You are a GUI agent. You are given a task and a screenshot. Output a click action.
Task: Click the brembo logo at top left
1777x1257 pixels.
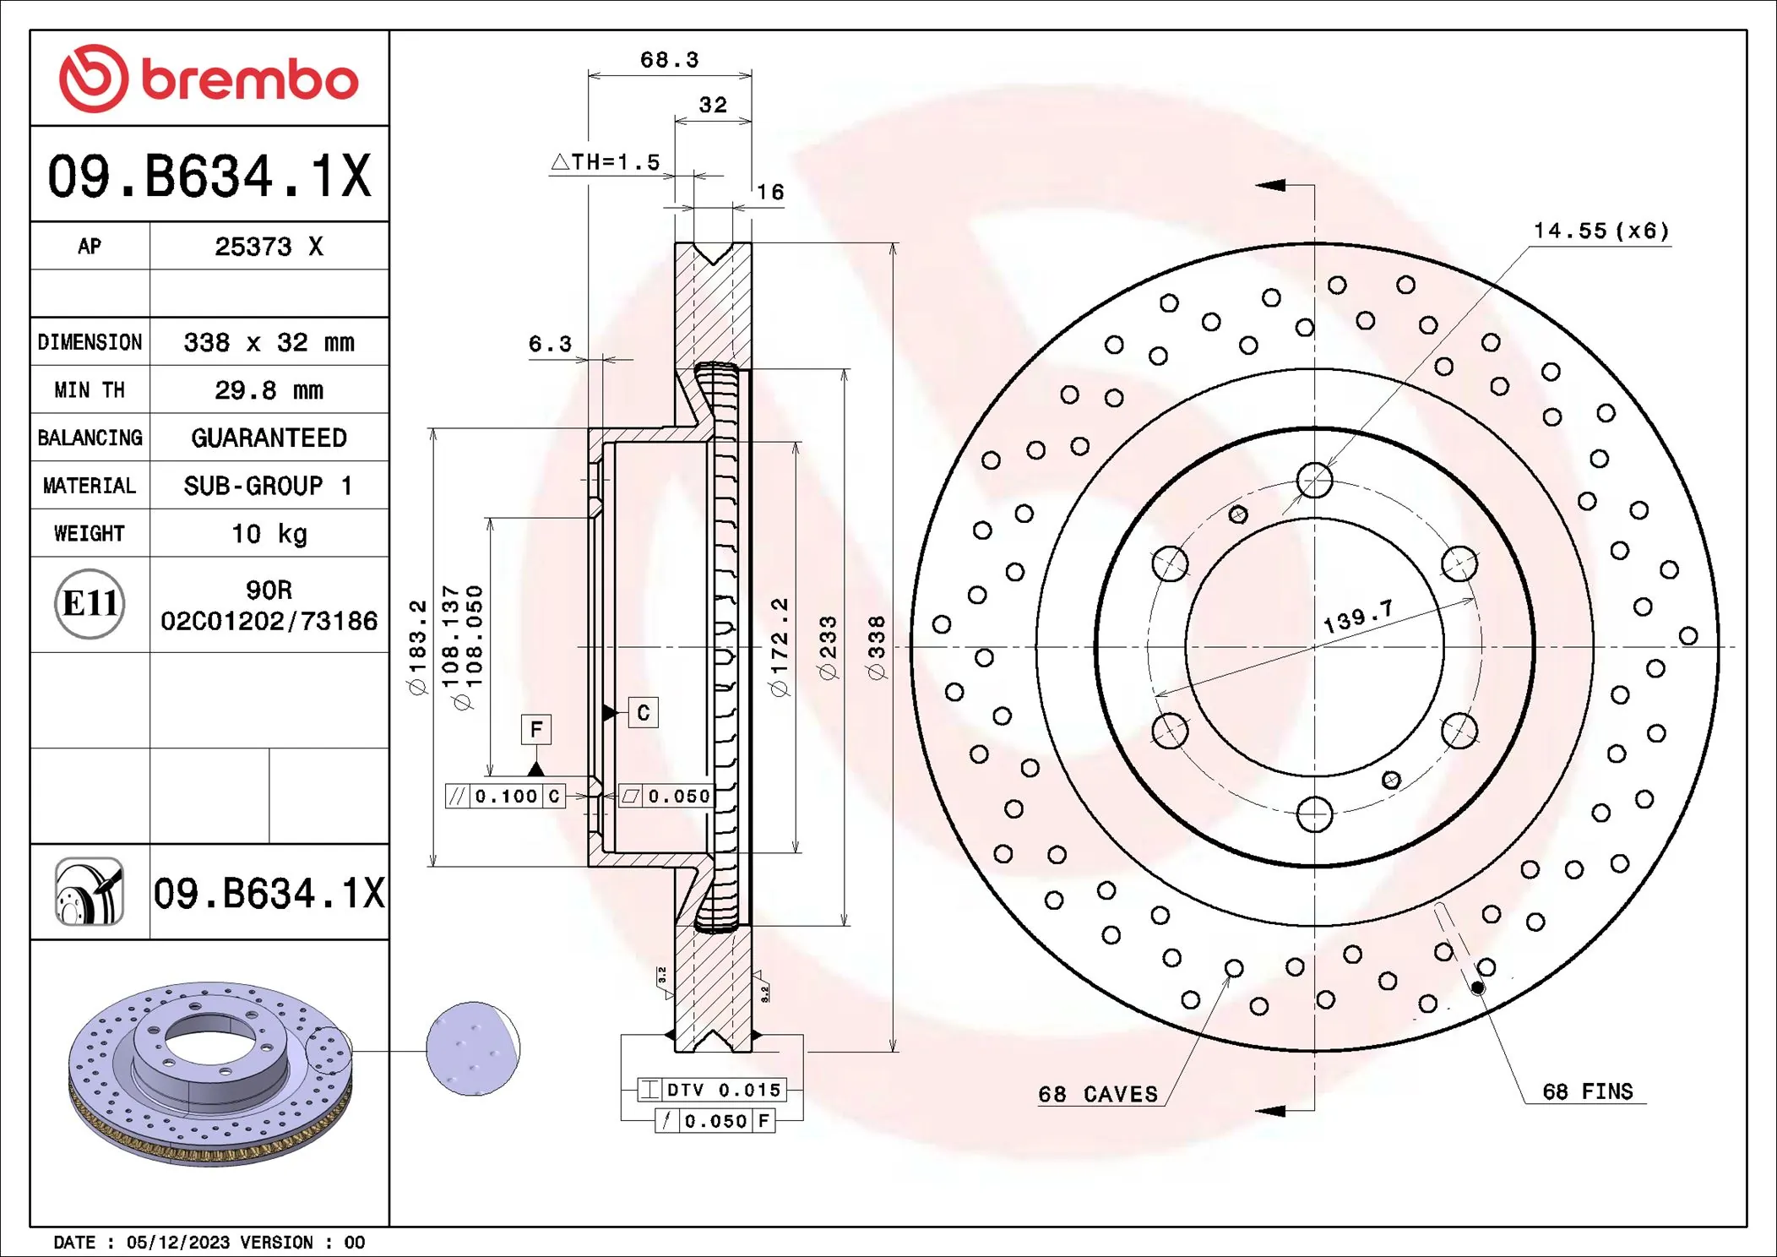(x=209, y=79)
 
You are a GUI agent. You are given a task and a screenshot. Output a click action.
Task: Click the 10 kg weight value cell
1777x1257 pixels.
(x=269, y=534)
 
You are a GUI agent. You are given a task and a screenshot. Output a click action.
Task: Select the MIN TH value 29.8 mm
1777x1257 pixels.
(x=269, y=390)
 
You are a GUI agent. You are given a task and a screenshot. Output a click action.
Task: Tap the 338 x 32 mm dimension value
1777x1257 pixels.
(x=269, y=342)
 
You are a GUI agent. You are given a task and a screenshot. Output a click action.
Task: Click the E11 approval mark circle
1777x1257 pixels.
(x=90, y=603)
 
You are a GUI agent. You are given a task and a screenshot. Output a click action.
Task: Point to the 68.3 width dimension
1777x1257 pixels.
(x=669, y=60)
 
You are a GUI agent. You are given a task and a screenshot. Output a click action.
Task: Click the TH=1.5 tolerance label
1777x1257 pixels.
(x=606, y=162)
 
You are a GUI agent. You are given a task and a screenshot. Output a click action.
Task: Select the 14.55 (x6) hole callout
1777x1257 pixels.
(x=1600, y=231)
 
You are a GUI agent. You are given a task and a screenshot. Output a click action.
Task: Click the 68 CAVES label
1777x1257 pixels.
(x=1098, y=1094)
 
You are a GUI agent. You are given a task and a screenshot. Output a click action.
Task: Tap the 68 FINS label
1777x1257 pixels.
(x=1587, y=1091)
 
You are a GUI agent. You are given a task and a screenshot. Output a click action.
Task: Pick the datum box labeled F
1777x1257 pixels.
(x=536, y=729)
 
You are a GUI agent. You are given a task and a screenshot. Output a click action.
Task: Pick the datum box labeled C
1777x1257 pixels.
(x=644, y=713)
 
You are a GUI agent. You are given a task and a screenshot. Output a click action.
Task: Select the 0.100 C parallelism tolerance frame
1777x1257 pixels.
(x=505, y=796)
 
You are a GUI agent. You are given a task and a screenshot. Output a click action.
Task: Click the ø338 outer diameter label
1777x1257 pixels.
(x=877, y=647)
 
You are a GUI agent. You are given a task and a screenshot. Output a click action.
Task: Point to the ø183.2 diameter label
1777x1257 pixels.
(x=418, y=647)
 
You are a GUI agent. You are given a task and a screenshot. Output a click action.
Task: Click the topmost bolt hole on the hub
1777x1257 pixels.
(x=1314, y=481)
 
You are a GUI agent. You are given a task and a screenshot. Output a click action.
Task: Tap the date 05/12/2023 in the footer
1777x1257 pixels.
(x=177, y=1243)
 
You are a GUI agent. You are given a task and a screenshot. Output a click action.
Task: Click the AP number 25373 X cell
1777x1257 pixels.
(x=269, y=247)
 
